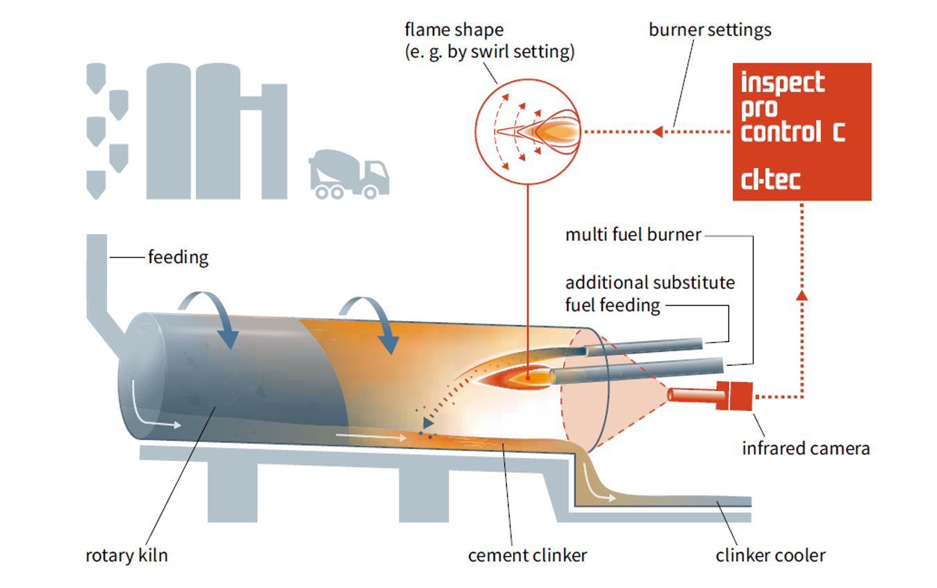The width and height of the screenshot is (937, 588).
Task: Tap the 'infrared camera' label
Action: point(805,448)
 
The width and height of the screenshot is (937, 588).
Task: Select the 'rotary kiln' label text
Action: point(126,555)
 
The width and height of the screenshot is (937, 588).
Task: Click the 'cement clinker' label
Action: point(527,555)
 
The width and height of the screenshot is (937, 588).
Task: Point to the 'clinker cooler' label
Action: point(770,555)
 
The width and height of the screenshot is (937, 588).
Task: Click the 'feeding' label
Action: point(178,258)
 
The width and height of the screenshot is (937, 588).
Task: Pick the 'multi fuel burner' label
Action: point(633,235)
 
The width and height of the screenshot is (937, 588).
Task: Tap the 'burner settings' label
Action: point(710,30)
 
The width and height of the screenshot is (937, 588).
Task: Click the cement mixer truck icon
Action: point(348,174)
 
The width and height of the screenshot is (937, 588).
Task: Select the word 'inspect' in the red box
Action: point(782,83)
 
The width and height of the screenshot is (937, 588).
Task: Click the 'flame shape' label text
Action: point(454,31)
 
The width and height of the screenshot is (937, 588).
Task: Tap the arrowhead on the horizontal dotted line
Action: point(657,131)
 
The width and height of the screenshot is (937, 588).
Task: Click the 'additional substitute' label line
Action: point(649,283)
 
